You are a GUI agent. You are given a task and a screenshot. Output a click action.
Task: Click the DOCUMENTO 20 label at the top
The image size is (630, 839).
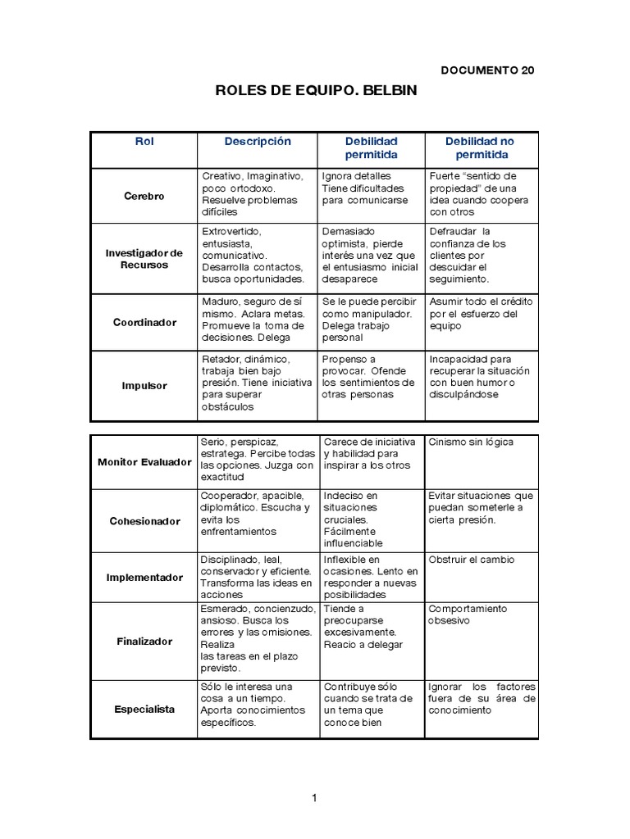click(x=487, y=70)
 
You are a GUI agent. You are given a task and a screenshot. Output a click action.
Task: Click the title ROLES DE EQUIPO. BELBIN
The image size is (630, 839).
click(x=316, y=91)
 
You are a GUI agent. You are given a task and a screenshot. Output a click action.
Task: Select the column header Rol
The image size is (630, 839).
click(x=144, y=141)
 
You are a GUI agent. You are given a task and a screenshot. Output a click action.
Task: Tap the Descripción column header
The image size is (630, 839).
click(x=258, y=141)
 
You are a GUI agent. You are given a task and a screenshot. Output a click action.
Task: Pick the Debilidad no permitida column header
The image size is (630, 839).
click(x=479, y=147)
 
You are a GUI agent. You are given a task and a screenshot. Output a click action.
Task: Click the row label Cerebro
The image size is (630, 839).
click(x=144, y=196)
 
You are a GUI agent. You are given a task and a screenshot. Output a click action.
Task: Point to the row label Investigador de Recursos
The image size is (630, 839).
click(x=144, y=259)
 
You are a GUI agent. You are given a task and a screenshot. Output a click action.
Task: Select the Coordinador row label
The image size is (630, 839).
click(x=144, y=322)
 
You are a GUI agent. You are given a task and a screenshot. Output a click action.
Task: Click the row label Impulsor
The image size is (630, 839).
click(x=144, y=384)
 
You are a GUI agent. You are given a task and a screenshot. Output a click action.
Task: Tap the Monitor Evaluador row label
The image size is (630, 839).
click(x=144, y=462)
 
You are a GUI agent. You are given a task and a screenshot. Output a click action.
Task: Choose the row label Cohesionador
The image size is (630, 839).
click(x=144, y=521)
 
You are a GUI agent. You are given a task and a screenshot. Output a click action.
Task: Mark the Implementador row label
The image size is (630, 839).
click(x=144, y=577)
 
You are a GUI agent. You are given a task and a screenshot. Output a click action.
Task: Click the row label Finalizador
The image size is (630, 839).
click(x=144, y=641)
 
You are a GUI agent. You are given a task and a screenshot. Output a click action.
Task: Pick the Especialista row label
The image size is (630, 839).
click(x=144, y=709)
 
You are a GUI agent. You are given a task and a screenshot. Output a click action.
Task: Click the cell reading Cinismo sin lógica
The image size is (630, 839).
click(x=471, y=442)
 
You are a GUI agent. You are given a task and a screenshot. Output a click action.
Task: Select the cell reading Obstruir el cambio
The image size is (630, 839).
click(x=472, y=560)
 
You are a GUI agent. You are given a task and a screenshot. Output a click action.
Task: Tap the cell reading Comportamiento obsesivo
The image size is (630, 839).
click(x=468, y=615)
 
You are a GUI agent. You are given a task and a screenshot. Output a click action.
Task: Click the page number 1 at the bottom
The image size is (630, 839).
click(x=314, y=798)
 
